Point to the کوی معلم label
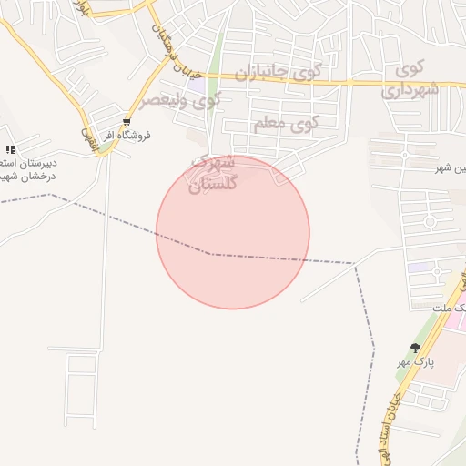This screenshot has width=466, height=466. click(x=286, y=122)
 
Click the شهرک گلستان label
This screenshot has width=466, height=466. click(x=213, y=172)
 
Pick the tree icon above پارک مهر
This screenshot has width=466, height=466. click(x=416, y=348)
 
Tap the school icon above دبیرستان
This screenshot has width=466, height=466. click(x=10, y=148)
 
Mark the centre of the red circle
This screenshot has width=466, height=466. click(x=233, y=232)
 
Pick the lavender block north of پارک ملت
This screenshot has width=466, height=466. click(x=420, y=268)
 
